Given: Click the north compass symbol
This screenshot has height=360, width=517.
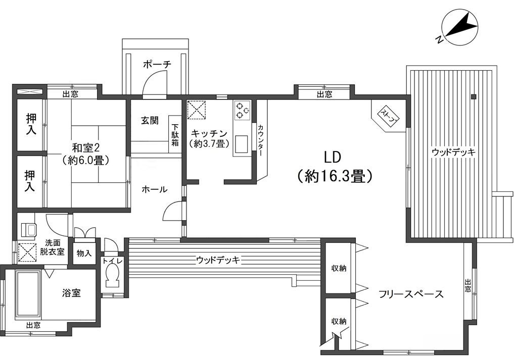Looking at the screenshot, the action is [x=459, y=27].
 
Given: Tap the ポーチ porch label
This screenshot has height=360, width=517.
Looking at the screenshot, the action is [x=157, y=64].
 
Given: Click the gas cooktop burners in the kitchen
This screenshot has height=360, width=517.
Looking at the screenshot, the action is [x=243, y=111].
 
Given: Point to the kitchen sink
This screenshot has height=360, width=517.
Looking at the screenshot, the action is [x=242, y=144].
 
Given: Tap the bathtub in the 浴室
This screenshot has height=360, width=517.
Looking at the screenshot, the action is [x=28, y=294].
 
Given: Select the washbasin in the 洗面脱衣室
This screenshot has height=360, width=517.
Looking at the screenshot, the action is [x=28, y=229].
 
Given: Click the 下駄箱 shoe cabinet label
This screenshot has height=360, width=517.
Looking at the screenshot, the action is [x=175, y=135].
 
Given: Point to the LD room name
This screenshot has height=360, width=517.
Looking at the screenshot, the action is [x=333, y=158].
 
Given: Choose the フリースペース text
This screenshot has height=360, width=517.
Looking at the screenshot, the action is [x=411, y=294].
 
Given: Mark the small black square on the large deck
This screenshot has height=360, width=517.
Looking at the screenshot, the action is [x=474, y=96].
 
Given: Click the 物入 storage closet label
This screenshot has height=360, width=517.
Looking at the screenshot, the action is [x=84, y=253].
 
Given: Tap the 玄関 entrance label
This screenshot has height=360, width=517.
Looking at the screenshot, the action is [x=150, y=121].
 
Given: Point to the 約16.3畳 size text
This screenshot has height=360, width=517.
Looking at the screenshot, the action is [x=335, y=176].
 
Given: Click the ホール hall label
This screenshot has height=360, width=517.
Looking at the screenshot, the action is [x=154, y=189].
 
